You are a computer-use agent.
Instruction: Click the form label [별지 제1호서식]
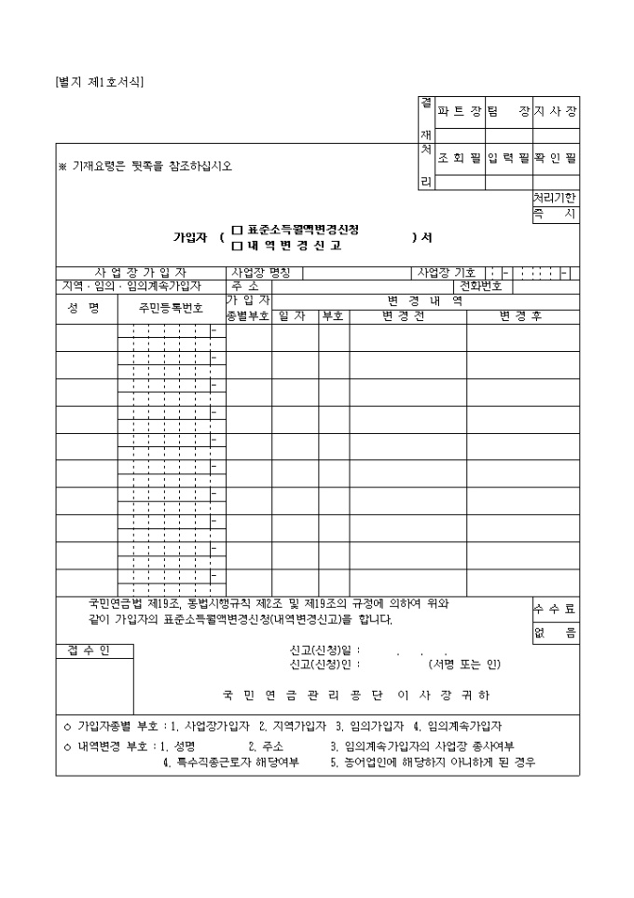click(x=100, y=81)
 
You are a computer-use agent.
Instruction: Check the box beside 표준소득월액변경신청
click(x=237, y=230)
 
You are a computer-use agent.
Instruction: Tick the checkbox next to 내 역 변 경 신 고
click(x=237, y=246)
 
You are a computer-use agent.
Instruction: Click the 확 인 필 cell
click(x=556, y=159)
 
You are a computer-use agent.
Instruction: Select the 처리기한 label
click(x=555, y=198)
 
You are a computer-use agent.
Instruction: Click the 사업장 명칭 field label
click(x=261, y=273)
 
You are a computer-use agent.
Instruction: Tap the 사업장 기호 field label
click(x=446, y=273)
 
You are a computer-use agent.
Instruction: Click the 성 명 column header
click(x=84, y=307)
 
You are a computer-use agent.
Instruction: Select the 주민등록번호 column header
click(x=171, y=307)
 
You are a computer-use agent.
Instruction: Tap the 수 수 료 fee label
click(x=555, y=609)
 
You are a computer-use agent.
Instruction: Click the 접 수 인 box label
click(x=88, y=651)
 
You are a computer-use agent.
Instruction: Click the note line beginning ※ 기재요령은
click(x=145, y=166)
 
